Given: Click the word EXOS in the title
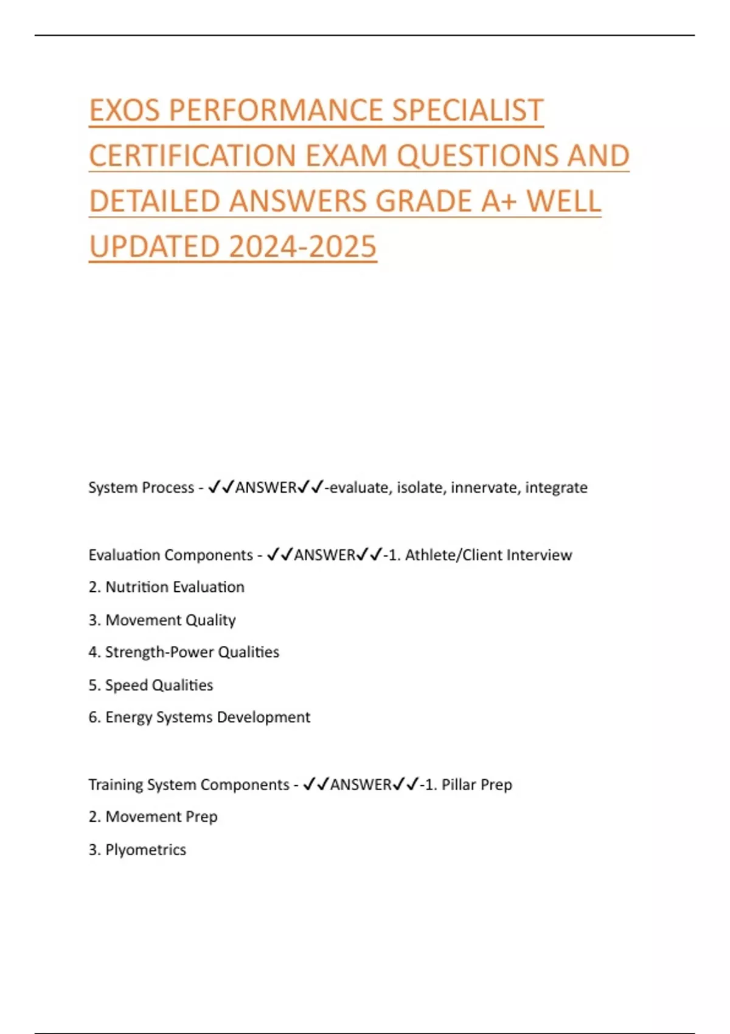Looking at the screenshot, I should click(x=125, y=111).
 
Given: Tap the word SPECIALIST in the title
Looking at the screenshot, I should click(x=467, y=111).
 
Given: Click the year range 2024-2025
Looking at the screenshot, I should click(x=303, y=247).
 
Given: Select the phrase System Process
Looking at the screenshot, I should click(x=141, y=488).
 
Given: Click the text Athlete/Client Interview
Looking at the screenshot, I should click(x=488, y=555).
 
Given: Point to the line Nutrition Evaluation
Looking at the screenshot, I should click(x=175, y=588).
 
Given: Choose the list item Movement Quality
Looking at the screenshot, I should click(x=170, y=620).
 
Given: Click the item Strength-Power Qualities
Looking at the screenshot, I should click(x=192, y=653).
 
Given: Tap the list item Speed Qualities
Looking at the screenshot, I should click(x=159, y=685).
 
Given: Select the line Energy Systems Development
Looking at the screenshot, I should click(x=207, y=718).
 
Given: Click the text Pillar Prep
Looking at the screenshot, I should click(x=476, y=785).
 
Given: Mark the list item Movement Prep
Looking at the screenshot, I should click(x=161, y=817).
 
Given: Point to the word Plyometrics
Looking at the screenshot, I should click(x=145, y=850).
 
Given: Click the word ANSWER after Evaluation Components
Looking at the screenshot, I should click(x=325, y=555).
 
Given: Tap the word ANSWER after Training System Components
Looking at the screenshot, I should click(x=361, y=785).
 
